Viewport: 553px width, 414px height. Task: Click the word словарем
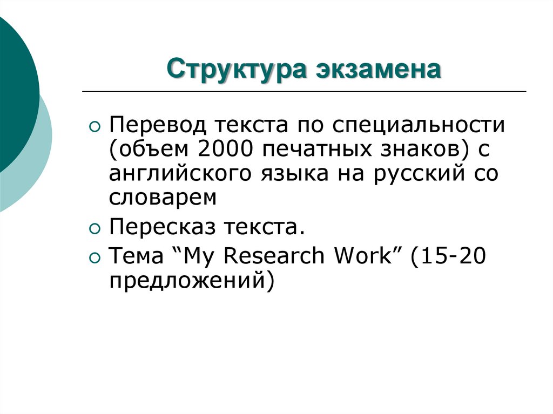coord(163,198)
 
